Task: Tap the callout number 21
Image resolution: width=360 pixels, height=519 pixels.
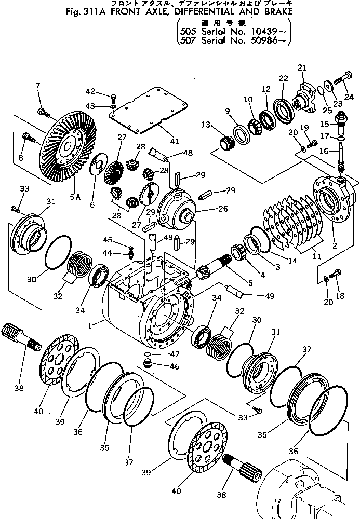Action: pyautogui.click(x=302, y=68)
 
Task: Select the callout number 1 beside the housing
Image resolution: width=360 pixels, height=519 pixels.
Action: pyautogui.click(x=92, y=326)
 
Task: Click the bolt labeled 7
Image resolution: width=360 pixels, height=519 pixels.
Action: pyautogui.click(x=43, y=111)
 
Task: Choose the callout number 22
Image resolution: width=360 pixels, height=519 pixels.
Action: pyautogui.click(x=283, y=78)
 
